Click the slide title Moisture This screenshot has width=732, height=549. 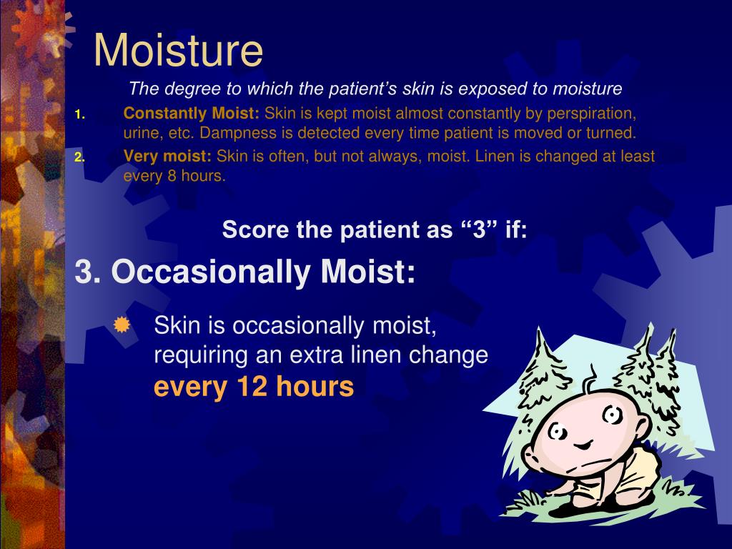[178, 50]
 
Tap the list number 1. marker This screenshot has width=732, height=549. [79, 114]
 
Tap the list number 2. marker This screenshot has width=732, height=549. [79, 157]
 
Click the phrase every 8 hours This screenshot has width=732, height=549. [174, 176]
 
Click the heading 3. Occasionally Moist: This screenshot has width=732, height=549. [245, 272]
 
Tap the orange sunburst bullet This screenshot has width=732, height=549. [122, 326]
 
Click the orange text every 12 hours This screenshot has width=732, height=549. [254, 387]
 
